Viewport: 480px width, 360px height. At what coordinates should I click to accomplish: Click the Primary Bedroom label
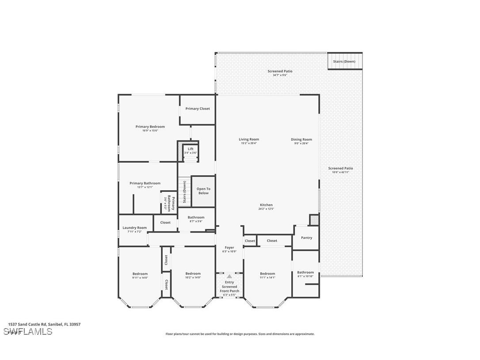point(150,126)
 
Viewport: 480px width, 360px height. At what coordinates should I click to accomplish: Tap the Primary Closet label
point(198,109)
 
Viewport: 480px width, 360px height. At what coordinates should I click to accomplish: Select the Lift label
point(190,149)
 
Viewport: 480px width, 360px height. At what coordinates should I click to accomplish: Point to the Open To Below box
point(203,191)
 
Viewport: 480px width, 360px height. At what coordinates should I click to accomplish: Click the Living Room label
point(249,139)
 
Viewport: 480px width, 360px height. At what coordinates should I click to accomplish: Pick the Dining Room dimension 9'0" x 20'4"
point(301,143)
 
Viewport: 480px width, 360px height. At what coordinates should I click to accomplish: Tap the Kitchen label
point(266,205)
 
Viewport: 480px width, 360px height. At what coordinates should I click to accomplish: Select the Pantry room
point(306,238)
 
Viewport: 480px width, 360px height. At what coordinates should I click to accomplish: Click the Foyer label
point(229,248)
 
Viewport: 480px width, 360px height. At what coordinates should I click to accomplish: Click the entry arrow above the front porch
point(229,276)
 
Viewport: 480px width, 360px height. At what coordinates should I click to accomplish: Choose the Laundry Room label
point(134,228)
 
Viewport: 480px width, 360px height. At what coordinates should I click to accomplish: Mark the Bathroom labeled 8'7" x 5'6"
point(196,219)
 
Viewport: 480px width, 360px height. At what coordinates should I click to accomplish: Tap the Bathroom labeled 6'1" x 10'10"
point(305,274)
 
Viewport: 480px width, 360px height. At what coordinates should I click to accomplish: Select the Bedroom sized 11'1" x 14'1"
point(267,276)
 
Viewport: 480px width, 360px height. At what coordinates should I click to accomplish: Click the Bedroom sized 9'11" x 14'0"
point(140,276)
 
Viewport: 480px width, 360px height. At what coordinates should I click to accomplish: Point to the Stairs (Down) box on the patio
point(344,61)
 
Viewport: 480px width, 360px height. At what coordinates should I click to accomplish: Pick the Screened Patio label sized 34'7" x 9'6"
point(280,71)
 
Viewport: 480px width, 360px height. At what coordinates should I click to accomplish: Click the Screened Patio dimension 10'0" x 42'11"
point(340,172)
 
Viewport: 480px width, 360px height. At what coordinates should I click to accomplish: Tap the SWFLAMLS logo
point(28,332)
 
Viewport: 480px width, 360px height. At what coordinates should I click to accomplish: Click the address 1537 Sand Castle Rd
point(44,324)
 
